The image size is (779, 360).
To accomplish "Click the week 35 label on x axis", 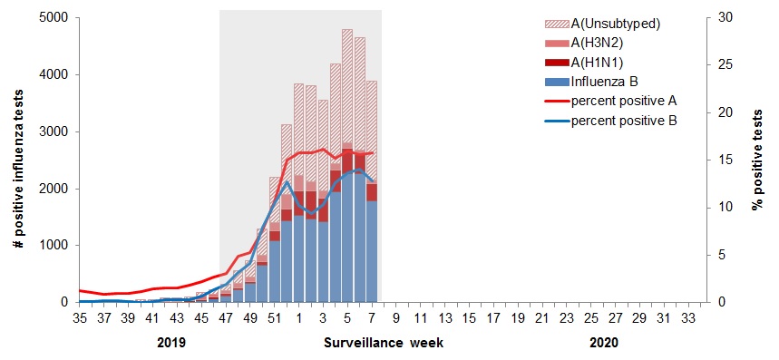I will pos(79,319).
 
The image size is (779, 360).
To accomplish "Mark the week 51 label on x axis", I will pos(275,319).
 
